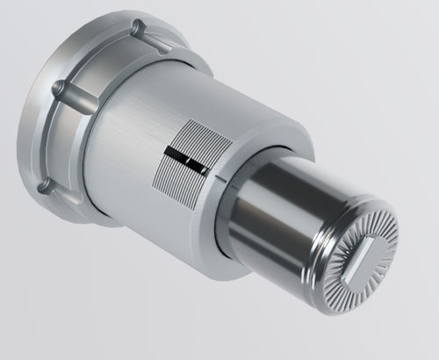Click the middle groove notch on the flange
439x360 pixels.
pos(58,89)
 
